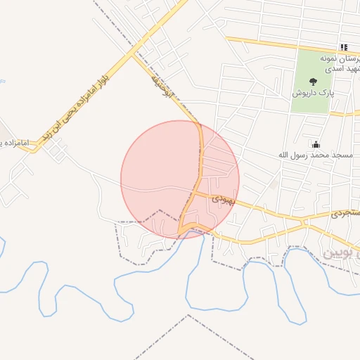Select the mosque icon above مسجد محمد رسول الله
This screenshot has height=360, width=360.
coord(315,143)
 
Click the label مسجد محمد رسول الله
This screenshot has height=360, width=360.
coord(314,153)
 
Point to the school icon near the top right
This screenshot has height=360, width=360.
coord(344,47)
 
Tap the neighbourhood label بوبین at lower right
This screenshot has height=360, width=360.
coord(340,252)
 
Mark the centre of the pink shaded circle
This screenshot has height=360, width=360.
coord(180,179)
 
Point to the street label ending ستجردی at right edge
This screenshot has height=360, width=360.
coord(345,212)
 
